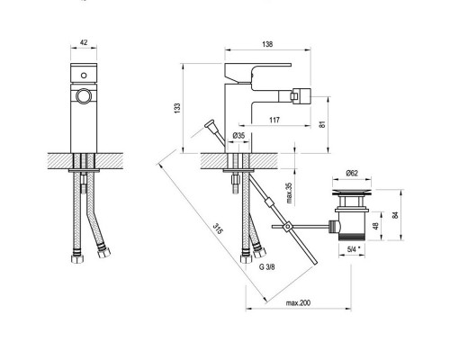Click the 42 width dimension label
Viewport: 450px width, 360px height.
tap(84, 42)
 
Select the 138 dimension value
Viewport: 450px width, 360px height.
tap(267, 44)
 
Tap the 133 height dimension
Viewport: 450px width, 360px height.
tap(177, 108)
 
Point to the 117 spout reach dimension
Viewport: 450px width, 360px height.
tap(274, 120)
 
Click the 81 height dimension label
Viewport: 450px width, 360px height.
tap(322, 124)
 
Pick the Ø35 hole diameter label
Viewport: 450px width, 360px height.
tap(238, 136)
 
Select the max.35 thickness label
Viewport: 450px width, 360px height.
tap(289, 193)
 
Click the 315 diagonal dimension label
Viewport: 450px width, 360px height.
tap(219, 229)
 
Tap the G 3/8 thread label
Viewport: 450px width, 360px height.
tap(266, 267)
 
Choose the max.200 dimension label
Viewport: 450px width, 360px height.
tap(298, 303)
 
